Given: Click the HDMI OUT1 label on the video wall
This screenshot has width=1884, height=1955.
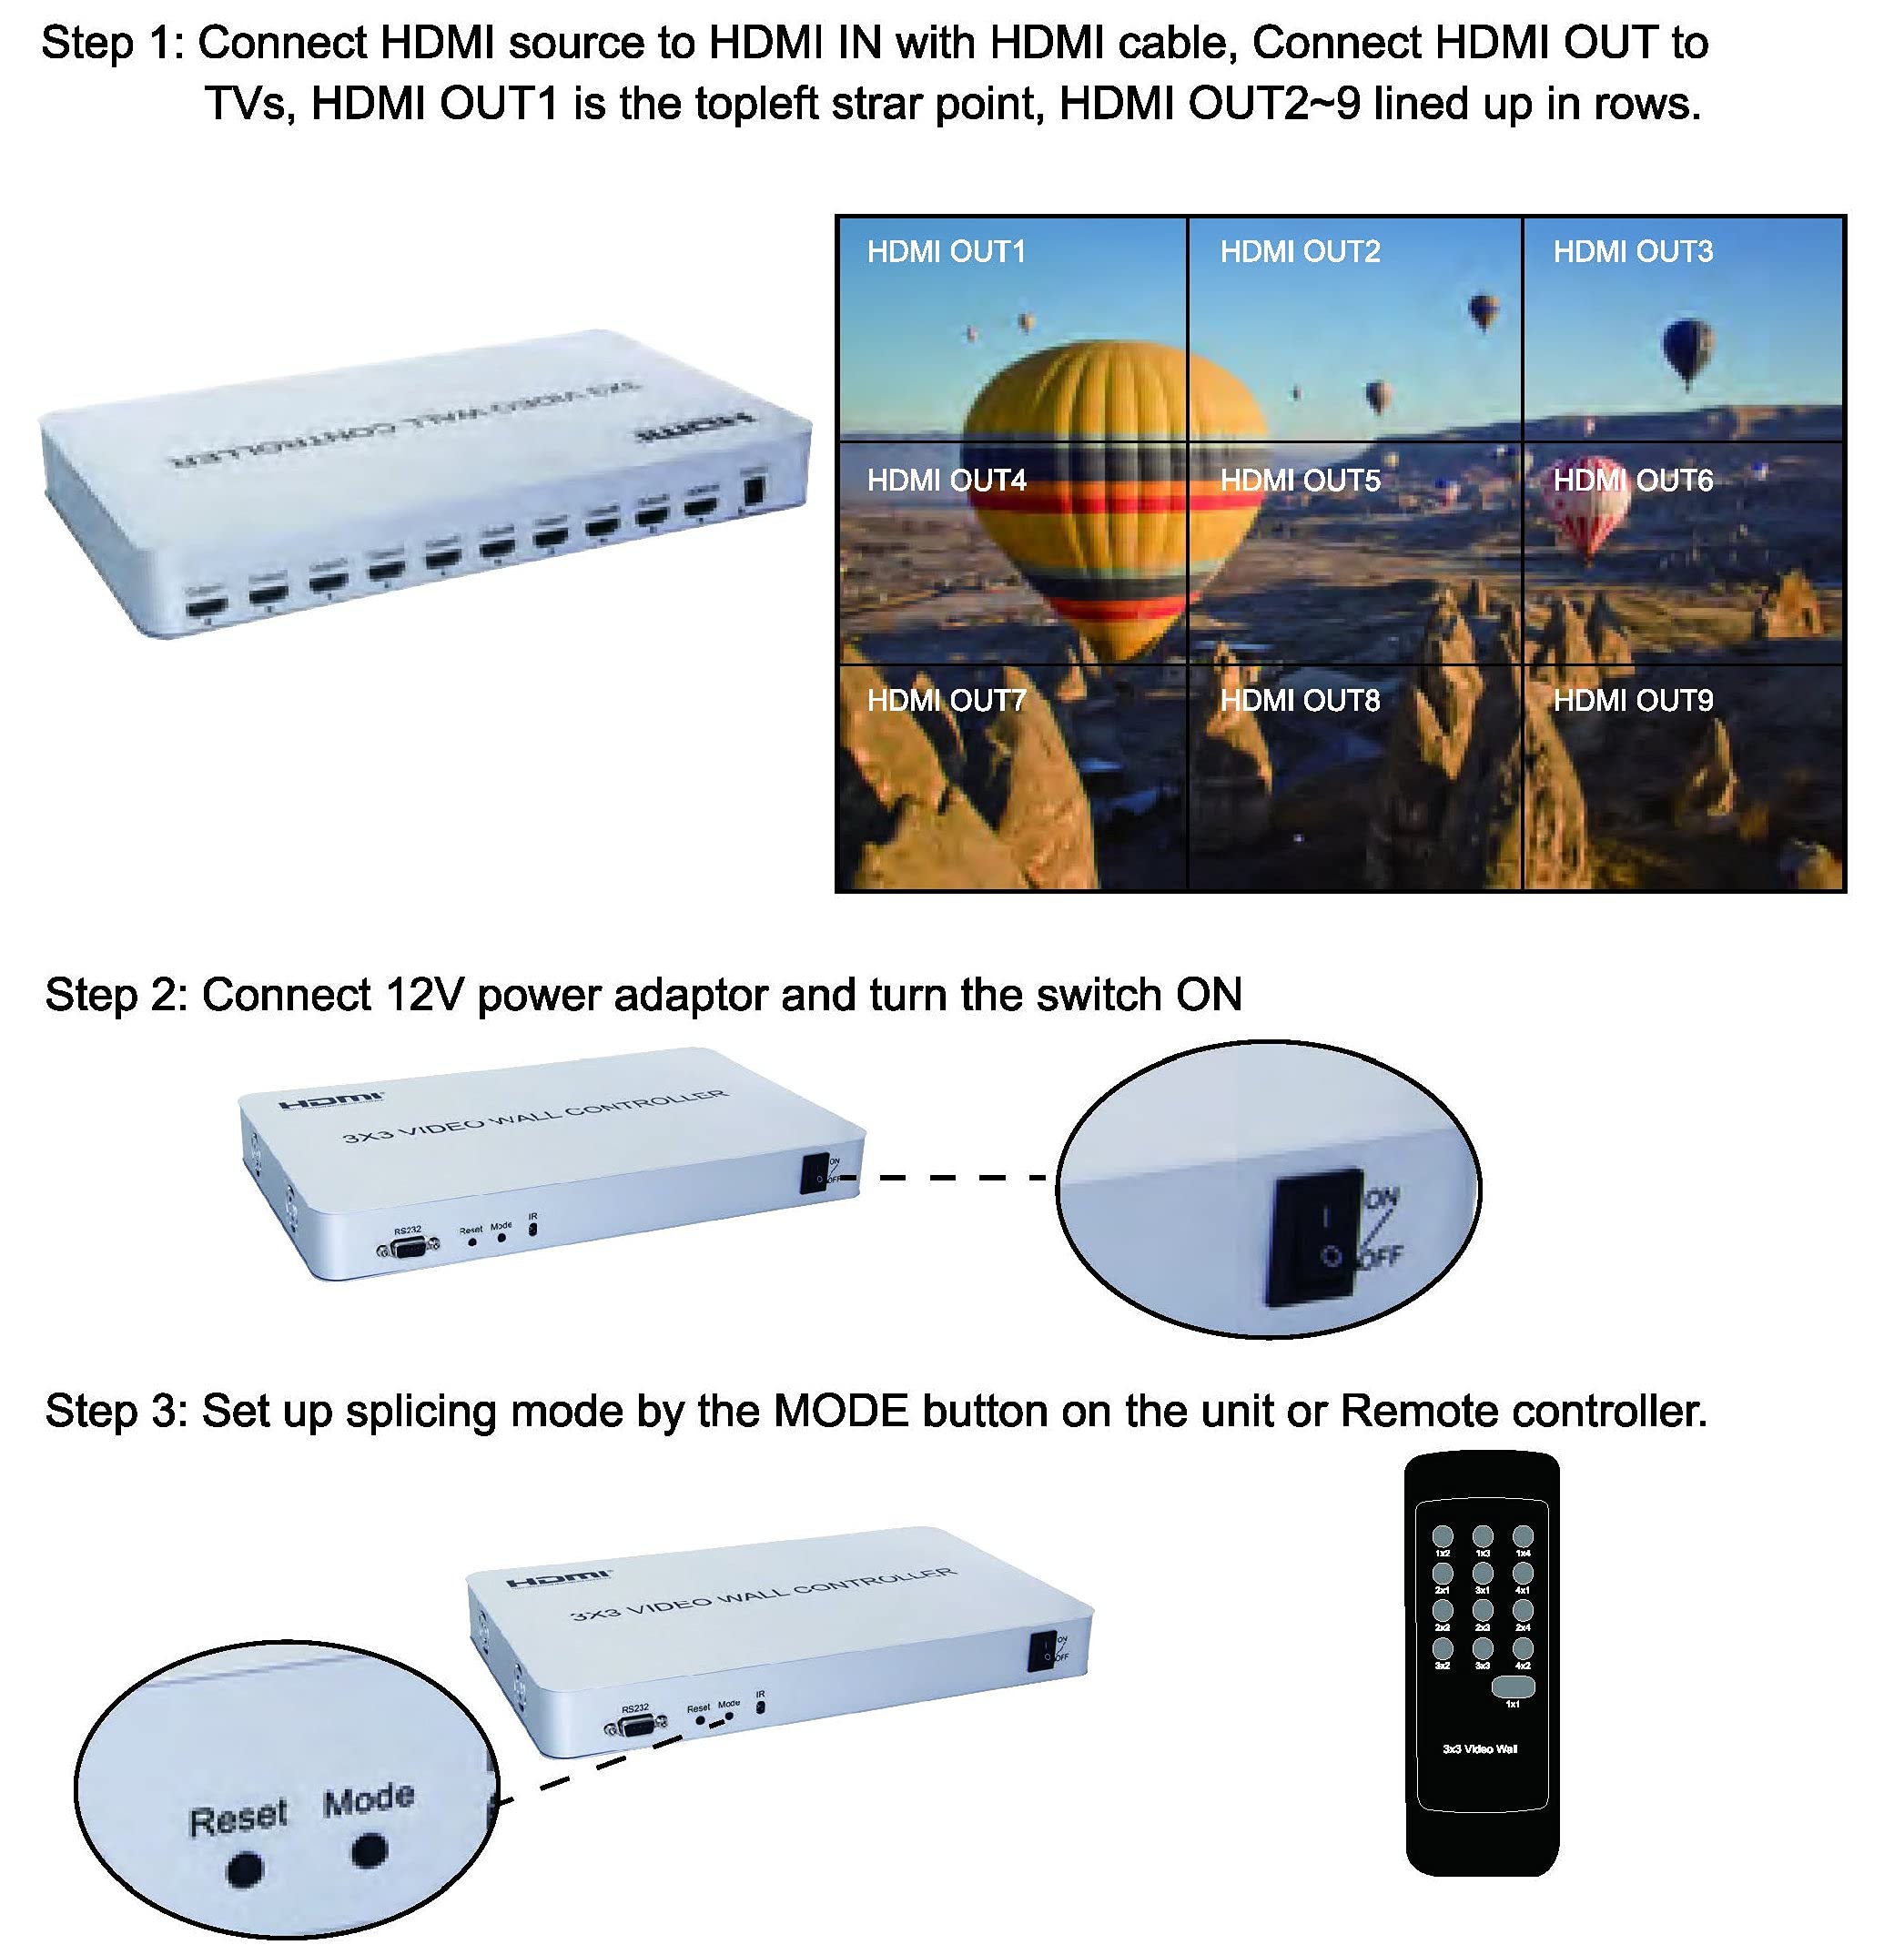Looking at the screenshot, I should [x=946, y=251].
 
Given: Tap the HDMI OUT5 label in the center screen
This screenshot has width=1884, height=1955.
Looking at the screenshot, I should [x=1300, y=481].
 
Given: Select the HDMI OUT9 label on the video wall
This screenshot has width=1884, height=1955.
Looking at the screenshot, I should [x=1633, y=700].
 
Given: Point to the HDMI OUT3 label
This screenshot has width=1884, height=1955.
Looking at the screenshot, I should [x=1633, y=251].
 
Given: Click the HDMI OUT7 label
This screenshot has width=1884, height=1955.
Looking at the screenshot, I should [x=946, y=700].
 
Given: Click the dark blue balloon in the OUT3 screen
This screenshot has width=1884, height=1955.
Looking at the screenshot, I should [x=1686, y=349].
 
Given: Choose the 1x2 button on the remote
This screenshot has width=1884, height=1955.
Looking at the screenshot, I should [x=1443, y=1537].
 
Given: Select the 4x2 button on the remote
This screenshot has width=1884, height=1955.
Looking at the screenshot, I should [x=1522, y=1649].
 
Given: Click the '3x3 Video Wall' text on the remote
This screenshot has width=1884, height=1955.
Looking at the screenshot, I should [x=1480, y=1748].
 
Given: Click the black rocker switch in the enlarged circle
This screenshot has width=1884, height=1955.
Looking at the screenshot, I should [x=1315, y=1237].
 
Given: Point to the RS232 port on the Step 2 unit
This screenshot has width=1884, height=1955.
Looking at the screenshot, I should [x=407, y=1248].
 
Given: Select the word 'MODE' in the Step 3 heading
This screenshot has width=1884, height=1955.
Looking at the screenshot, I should [x=841, y=1412].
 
